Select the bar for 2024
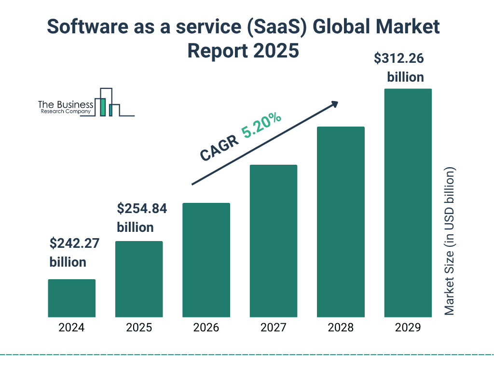click(71, 298)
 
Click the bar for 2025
click(139, 279)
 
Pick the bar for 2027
click(273, 241)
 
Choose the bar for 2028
click(341, 222)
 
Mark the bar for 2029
click(408, 203)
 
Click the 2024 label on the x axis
click(71, 328)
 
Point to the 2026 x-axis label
click(206, 328)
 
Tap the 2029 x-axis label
click(408, 328)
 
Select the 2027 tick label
click(273, 328)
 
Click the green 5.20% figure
click(261, 126)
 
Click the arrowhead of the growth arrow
click(334, 104)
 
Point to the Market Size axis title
click(450, 242)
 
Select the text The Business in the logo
click(66, 104)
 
